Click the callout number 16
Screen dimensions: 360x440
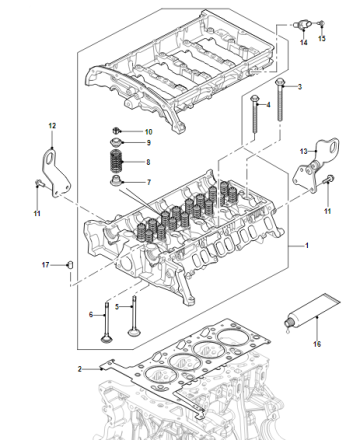pyautogui.click(x=317, y=344)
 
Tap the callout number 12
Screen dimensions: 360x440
pyautogui.click(x=52, y=126)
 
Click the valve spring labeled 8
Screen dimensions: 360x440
pyautogui.click(x=116, y=162)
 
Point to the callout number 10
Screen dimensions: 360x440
pyautogui.click(x=149, y=132)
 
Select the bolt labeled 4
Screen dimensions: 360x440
pyautogui.click(x=255, y=114)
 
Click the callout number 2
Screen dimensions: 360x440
pyautogui.click(x=80, y=369)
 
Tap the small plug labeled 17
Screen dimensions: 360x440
pyautogui.click(x=70, y=265)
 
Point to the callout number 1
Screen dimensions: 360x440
pyautogui.click(x=307, y=245)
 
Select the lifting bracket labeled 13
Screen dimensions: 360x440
pyautogui.click(x=315, y=166)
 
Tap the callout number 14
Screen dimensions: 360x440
pyautogui.click(x=303, y=42)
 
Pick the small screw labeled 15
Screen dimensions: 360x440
pyautogui.click(x=321, y=23)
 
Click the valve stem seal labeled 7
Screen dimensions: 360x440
pyautogui.click(x=116, y=181)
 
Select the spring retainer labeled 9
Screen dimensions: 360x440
pyautogui.click(x=116, y=141)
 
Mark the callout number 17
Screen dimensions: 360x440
pyautogui.click(x=45, y=265)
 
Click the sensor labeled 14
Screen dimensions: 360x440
pyautogui.click(x=303, y=25)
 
